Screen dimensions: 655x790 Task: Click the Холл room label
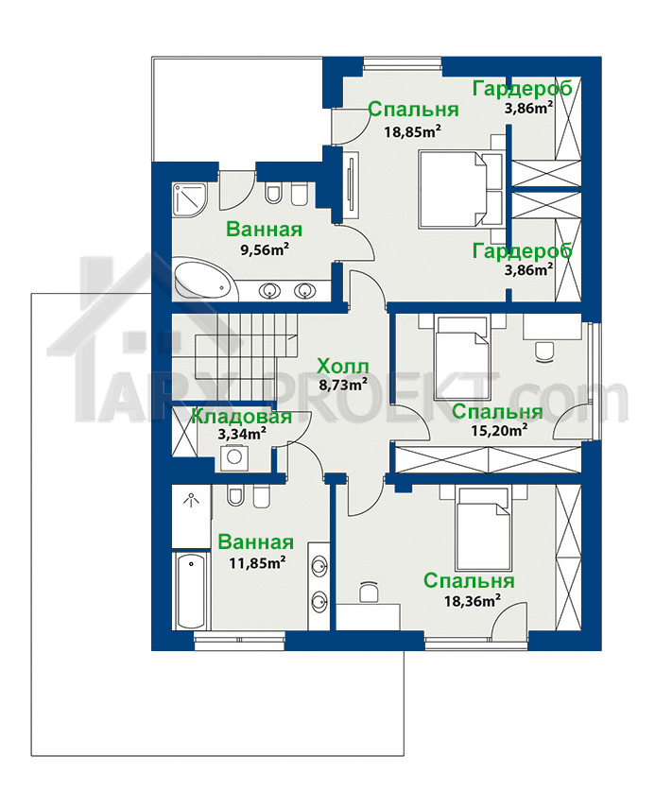(343, 366)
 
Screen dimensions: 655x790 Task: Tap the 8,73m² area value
(343, 385)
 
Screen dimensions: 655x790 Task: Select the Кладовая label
(242, 417)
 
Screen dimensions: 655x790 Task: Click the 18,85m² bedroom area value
(413, 132)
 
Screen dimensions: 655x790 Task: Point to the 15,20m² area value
(499, 430)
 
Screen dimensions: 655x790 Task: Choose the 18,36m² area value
(472, 601)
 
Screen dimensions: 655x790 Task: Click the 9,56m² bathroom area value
(265, 249)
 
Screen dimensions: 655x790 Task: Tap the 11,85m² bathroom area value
(257, 562)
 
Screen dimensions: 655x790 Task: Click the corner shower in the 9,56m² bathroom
(189, 200)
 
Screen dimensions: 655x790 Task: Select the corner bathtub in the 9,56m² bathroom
(202, 278)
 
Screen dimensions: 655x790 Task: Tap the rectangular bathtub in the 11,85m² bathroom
(191, 590)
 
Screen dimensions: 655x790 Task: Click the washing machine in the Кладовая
(233, 457)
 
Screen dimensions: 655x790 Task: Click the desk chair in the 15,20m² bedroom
(543, 352)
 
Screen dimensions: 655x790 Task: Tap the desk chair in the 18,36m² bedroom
(370, 592)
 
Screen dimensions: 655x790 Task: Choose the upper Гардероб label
(522, 89)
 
